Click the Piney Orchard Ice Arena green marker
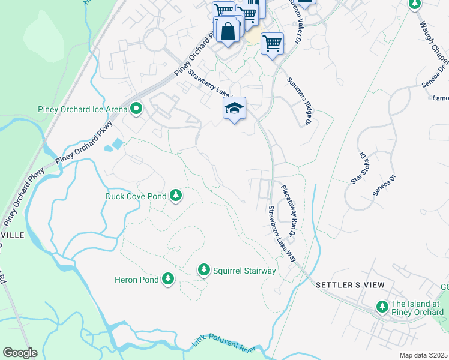pyautogui.click(x=137, y=109)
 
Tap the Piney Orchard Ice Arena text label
pyautogui.click(x=82, y=109)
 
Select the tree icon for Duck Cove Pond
pyautogui.click(x=176, y=196)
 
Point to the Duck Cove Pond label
pyautogui.click(x=136, y=196)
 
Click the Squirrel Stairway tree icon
pyautogui.click(x=204, y=271)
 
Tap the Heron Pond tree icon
pyautogui.click(x=168, y=279)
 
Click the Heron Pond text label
pyautogui.click(x=137, y=280)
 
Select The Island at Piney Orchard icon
pyautogui.click(x=382, y=307)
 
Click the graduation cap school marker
pyautogui.click(x=235, y=109)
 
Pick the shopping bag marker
pyautogui.click(x=228, y=31)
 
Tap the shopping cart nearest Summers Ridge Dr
pyautogui.click(x=273, y=43)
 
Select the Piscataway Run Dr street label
pyautogui.click(x=293, y=205)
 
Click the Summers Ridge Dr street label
pyautogui.click(x=297, y=101)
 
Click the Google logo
pyautogui.click(x=20, y=353)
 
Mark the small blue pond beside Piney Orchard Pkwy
pyautogui.click(x=116, y=144)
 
